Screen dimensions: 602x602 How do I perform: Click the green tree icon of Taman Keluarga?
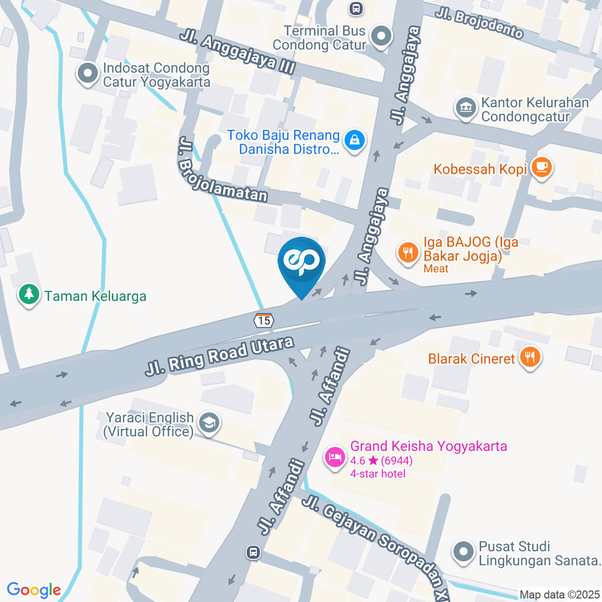pyautogui.click(x=28, y=295)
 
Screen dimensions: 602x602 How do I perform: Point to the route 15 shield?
pyautogui.click(x=264, y=320)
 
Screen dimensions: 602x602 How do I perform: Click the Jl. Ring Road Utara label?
pyautogui.click(x=219, y=357)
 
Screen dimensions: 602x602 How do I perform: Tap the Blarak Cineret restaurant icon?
pyautogui.click(x=531, y=359)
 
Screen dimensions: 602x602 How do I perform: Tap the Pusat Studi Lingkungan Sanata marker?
pyautogui.click(x=463, y=552)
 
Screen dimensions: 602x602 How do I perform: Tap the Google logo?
pyautogui.click(x=34, y=590)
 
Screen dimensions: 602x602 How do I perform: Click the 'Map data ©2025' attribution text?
pyautogui.click(x=559, y=594)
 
